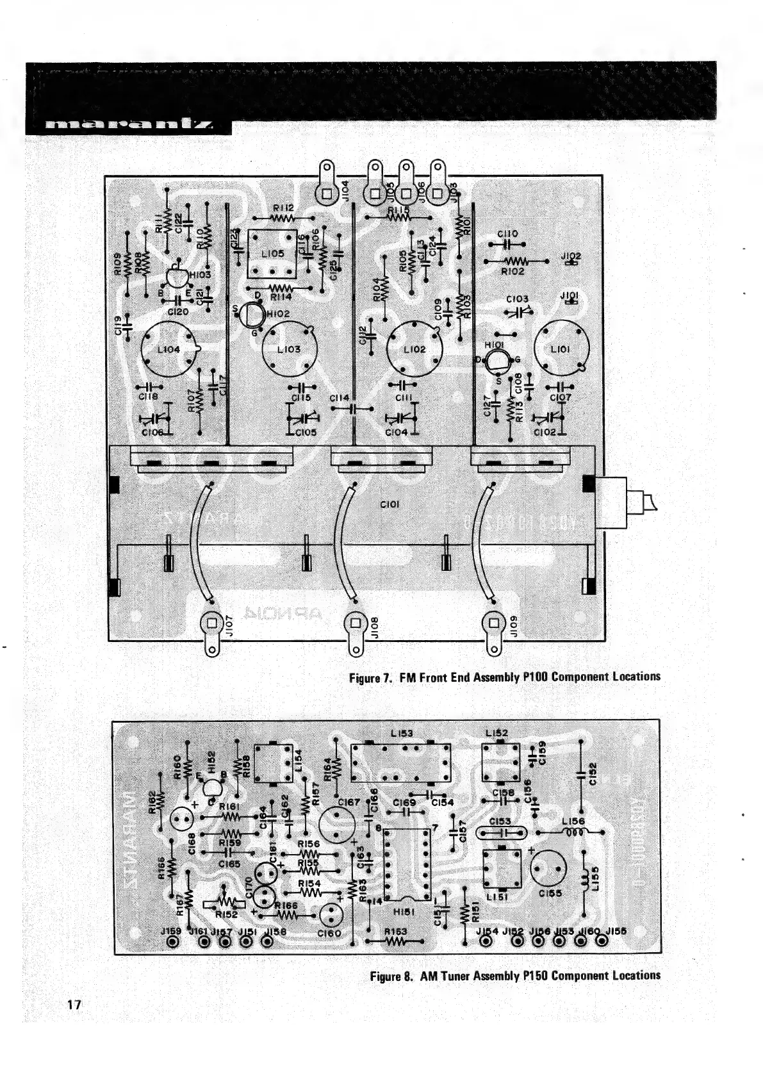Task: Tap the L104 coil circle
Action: pos(168,349)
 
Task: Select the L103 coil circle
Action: pos(289,350)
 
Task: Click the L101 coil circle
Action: pos(561,349)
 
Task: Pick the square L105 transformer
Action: pos(272,254)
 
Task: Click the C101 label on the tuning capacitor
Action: pos(390,504)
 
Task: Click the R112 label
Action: pos(283,208)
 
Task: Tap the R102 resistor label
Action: pos(513,272)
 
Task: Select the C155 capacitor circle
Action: pos(550,869)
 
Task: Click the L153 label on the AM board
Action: pos(402,733)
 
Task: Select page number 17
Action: pos(74,1005)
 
